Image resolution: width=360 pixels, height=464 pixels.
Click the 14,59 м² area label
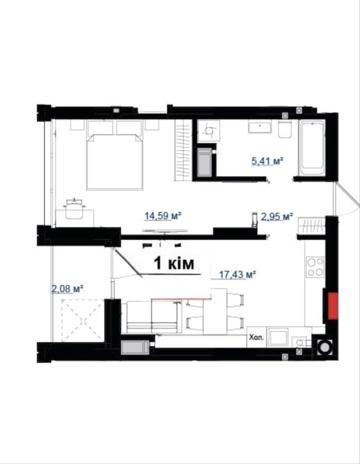[163, 216]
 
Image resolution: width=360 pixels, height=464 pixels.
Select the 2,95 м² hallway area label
[277, 217]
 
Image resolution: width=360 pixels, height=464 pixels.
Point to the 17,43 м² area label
[237, 275]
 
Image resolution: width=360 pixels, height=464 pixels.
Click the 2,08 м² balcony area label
[67, 288]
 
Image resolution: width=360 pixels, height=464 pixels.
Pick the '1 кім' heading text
[174, 264]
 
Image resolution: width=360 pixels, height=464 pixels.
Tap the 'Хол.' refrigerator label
[256, 337]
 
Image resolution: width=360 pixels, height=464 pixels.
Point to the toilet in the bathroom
[285, 129]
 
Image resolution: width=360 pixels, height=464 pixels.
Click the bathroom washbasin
[260, 127]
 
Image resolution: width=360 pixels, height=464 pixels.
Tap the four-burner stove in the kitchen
[315, 267]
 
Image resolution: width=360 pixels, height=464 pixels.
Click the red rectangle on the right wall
[333, 306]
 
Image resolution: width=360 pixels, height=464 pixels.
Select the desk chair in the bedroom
[74, 208]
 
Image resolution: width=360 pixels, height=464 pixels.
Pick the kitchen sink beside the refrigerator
[277, 337]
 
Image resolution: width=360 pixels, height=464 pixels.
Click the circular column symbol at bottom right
[325, 347]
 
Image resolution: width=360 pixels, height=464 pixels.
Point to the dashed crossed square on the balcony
[82, 319]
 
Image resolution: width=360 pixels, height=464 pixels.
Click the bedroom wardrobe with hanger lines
[183, 149]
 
